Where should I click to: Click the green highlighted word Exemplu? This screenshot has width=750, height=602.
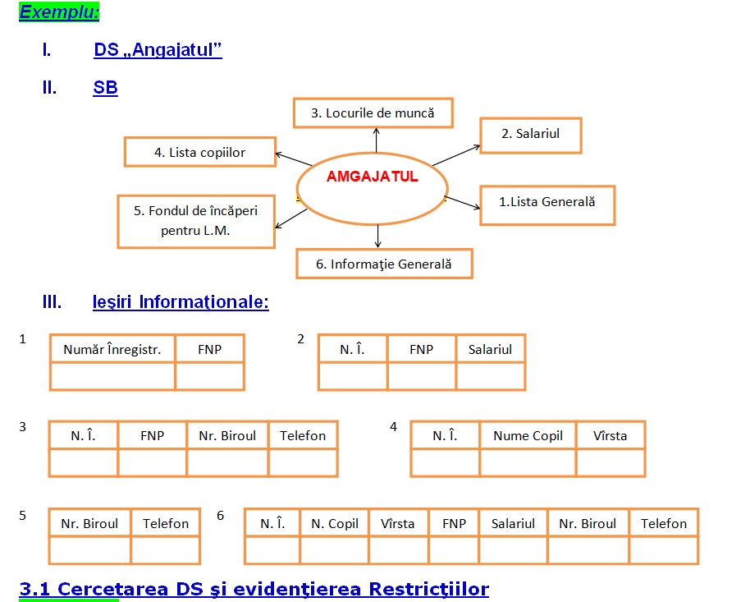coord(59,12)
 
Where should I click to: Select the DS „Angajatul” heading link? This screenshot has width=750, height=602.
coord(158,50)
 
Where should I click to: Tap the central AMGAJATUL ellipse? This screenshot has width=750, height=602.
coord(373,188)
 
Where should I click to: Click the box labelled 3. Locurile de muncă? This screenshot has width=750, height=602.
coord(373,113)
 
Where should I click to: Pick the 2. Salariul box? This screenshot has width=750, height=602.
coord(531,135)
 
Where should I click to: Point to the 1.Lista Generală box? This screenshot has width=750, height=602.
coord(547,205)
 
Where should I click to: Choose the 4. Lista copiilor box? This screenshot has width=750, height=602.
coord(200,152)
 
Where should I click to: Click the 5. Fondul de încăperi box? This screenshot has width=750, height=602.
coord(196,221)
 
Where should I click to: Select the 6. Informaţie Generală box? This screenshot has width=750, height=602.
coord(384,264)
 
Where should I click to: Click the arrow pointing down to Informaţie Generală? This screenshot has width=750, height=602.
coord(377,236)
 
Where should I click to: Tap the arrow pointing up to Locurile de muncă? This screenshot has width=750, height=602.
coord(377,140)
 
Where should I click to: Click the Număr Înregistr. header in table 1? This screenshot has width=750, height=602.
coord(112,349)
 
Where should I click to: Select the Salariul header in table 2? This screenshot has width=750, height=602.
coord(490,349)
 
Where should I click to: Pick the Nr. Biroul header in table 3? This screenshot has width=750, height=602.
coord(227,435)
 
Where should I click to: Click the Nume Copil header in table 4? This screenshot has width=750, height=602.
coord(528,436)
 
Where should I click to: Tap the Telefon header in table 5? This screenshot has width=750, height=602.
coord(166,523)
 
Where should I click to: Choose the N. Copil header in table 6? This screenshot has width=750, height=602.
coord(335,523)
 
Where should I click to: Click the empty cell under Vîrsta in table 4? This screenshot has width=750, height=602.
coord(611,462)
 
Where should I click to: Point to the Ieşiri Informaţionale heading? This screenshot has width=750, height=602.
coord(181,301)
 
